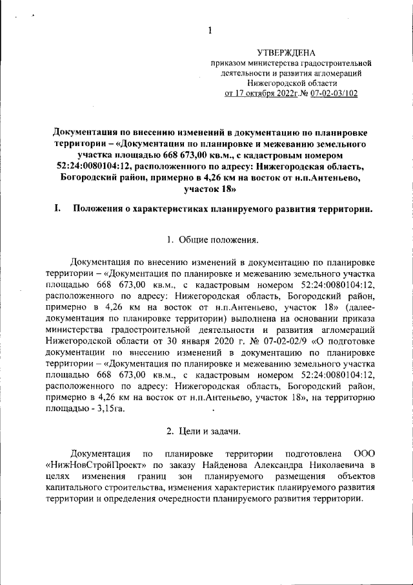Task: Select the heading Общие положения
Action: click(218, 241)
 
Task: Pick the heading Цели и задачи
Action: click(217, 430)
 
